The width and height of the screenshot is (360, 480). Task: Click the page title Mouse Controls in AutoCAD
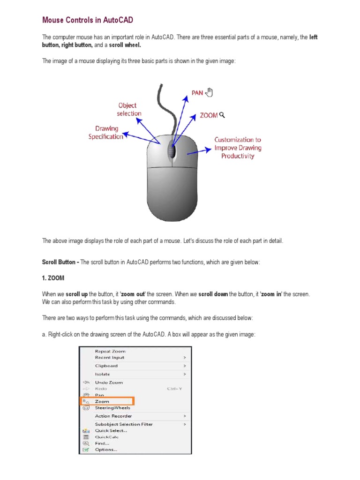click(88, 20)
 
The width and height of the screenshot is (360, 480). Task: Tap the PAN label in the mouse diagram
click(197, 93)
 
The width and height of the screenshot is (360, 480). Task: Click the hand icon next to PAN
click(209, 92)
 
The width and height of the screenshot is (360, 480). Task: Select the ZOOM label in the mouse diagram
click(209, 115)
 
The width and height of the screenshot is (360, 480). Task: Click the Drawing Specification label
click(106, 132)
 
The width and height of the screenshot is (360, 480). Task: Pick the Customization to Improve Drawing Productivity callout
click(238, 148)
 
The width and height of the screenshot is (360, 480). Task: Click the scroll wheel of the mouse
click(172, 151)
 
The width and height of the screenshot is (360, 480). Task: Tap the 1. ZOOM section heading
click(53, 278)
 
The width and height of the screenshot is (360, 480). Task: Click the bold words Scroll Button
click(60, 262)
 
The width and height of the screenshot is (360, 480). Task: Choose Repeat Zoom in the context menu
click(110, 351)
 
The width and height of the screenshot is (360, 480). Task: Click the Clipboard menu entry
click(106, 366)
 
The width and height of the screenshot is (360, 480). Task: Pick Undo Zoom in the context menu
click(109, 382)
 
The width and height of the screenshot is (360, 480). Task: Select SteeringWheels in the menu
click(112, 408)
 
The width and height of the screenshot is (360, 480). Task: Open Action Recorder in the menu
click(113, 416)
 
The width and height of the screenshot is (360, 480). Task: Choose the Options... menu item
click(106, 450)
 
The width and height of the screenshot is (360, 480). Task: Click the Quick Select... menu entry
click(111, 430)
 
